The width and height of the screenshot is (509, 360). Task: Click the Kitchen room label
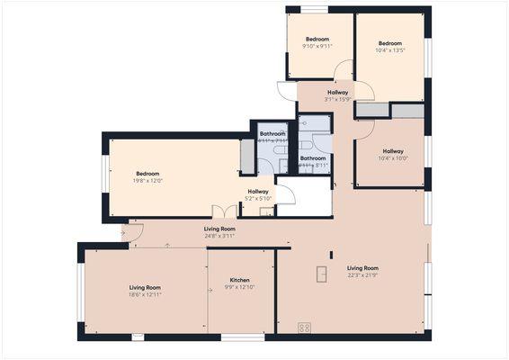239,280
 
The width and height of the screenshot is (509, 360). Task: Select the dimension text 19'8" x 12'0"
147,181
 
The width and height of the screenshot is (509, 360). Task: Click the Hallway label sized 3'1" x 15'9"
337,100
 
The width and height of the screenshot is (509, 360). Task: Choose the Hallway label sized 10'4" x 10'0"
392,157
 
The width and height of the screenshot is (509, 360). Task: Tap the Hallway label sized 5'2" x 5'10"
257,199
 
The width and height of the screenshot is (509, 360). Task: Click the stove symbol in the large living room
304,328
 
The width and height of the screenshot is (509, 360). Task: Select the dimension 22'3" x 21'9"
362,275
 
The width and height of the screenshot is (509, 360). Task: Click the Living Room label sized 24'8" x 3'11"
219,236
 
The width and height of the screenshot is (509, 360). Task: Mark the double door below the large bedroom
223,211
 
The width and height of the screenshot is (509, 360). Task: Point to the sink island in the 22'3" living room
321,274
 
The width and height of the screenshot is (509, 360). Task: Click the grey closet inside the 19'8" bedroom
247,157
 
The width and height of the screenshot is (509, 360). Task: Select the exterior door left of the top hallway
284,91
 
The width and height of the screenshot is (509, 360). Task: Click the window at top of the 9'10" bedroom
313,10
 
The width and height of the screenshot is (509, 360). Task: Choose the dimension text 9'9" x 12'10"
239,288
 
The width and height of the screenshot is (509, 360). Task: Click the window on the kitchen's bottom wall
242,337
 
